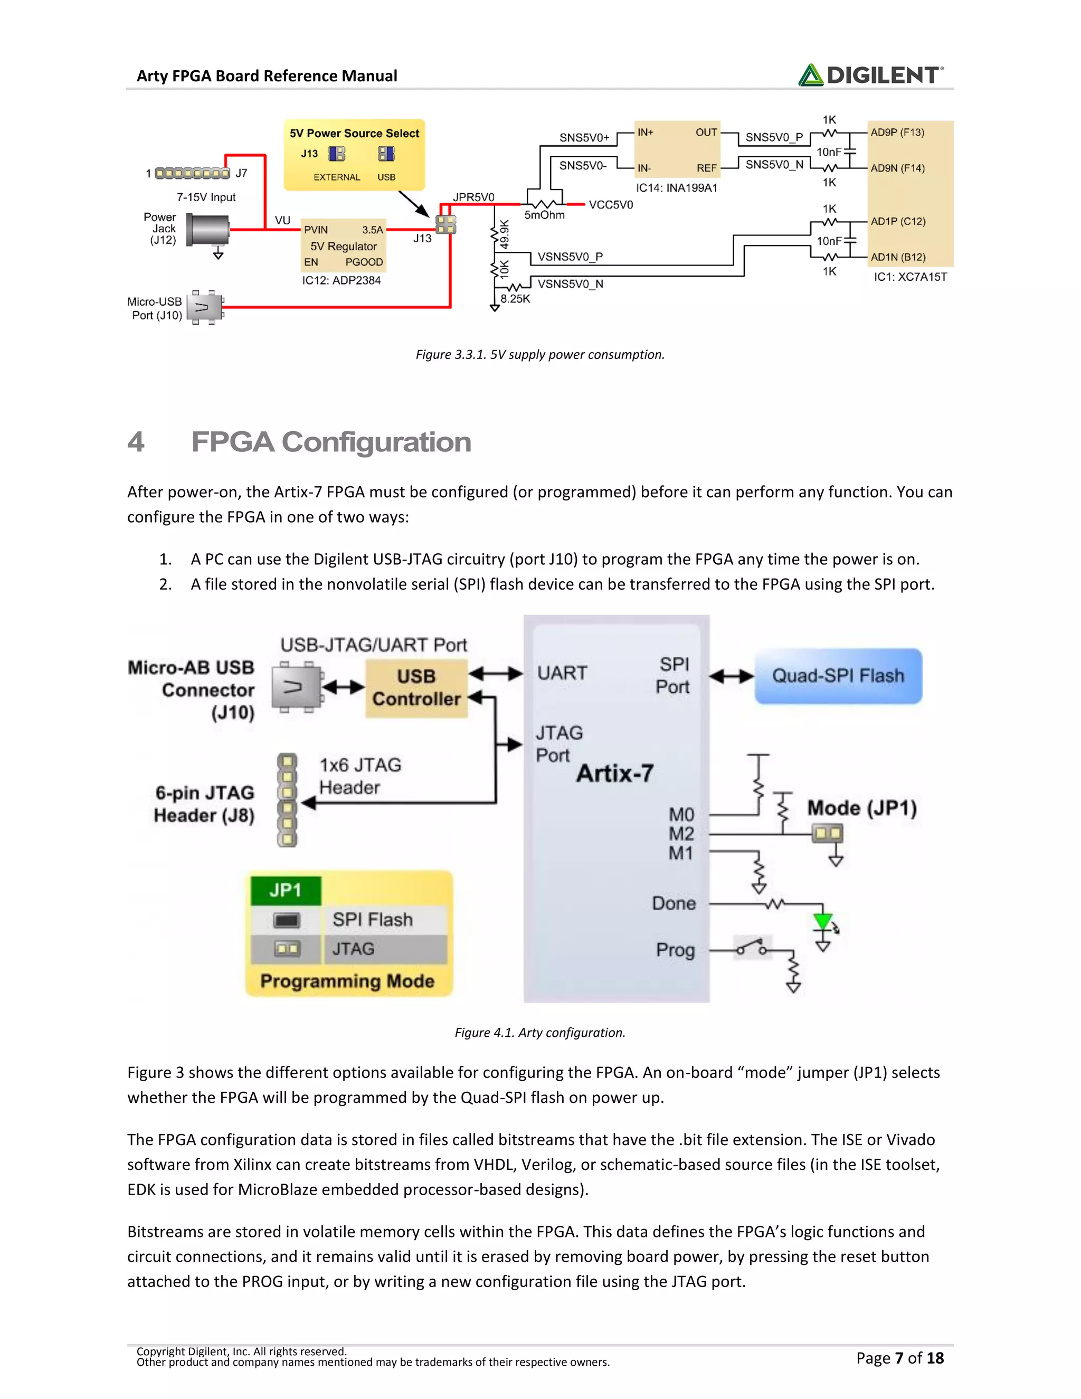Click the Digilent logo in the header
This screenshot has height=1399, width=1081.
click(x=870, y=75)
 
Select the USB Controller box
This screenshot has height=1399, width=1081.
click(x=416, y=688)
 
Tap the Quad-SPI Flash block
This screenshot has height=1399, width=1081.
click(x=838, y=676)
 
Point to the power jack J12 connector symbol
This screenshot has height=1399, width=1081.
click(x=208, y=229)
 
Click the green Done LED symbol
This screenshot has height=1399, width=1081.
click(x=823, y=922)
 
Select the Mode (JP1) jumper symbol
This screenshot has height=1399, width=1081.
click(x=827, y=834)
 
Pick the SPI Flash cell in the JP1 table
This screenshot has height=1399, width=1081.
click(x=373, y=919)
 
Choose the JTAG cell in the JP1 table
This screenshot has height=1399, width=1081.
click(x=354, y=949)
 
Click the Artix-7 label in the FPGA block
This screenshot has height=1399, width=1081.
click(x=615, y=773)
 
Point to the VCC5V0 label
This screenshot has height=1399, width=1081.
click(x=610, y=205)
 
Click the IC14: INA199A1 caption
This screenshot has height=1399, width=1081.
click(x=676, y=188)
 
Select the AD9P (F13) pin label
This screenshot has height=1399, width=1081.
click(x=897, y=133)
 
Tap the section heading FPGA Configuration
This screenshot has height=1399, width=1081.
click(x=331, y=442)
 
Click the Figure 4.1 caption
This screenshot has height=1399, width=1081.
click(x=540, y=1032)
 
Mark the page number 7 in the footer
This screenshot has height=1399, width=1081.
click(x=899, y=1357)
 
